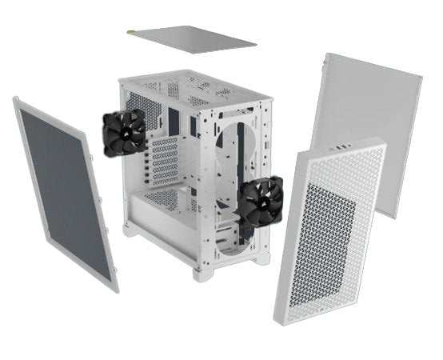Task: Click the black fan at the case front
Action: click(x=256, y=204)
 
